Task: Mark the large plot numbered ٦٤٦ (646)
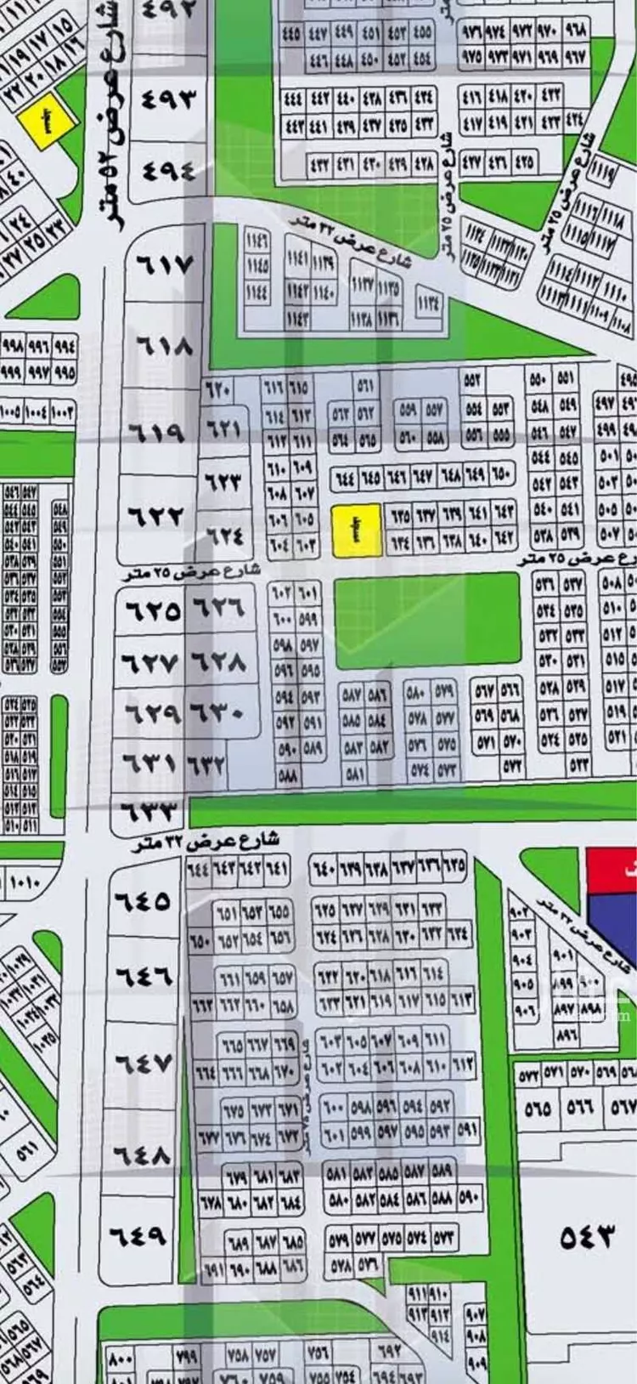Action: [142, 976]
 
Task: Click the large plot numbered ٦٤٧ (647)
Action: [142, 1063]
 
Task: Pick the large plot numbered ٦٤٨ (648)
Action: [142, 1154]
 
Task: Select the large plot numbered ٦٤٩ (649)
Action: [142, 1234]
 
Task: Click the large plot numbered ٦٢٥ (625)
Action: [153, 610]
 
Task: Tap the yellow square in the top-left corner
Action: [49, 121]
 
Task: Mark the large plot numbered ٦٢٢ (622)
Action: [155, 515]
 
